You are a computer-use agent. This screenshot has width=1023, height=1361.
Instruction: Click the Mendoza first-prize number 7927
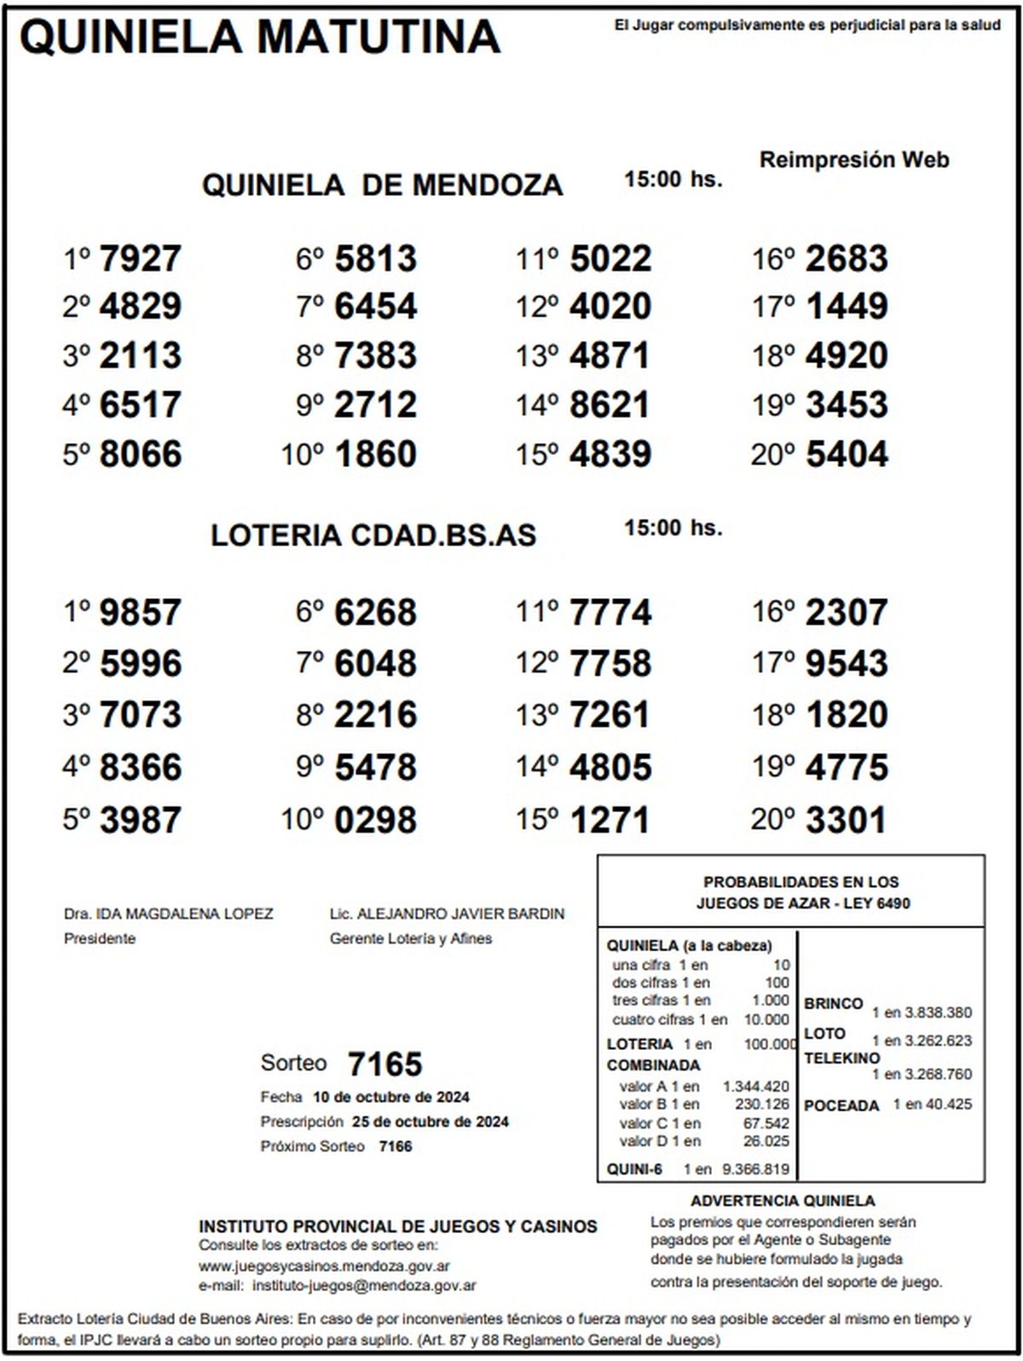coord(140,259)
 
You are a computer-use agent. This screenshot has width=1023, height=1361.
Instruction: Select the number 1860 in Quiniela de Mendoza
coord(375,454)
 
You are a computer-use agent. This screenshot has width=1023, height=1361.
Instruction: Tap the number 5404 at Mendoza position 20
coord(847,454)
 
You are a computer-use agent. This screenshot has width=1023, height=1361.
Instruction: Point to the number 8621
coord(610,405)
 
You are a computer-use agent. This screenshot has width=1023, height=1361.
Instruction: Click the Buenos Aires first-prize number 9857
coord(140,613)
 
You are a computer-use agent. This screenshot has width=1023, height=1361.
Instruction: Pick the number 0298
coord(375,821)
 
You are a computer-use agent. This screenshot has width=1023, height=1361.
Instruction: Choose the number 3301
coord(847,821)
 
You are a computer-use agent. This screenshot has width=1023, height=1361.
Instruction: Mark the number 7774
coord(610,613)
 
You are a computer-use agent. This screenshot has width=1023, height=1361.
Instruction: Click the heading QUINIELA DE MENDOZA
coord(382,185)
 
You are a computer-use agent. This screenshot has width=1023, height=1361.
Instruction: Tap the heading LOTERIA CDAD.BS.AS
coord(373,535)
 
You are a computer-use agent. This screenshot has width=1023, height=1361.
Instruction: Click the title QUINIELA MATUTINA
coord(260,37)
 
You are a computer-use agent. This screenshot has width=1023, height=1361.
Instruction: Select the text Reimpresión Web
coord(853,159)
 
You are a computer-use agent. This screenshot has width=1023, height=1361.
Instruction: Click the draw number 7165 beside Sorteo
coord(384,1064)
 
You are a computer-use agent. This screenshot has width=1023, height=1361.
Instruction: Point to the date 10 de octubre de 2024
coord(390,1097)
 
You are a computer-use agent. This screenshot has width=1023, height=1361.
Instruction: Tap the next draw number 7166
coord(395,1146)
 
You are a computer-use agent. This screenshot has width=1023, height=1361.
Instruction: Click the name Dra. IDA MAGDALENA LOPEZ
coord(168,914)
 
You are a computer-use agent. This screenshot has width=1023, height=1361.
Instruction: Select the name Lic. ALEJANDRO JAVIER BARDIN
coord(447,914)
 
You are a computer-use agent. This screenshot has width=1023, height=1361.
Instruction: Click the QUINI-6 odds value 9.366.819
coord(755,1169)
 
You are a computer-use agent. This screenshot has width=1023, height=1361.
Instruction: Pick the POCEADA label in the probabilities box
coord(841,1105)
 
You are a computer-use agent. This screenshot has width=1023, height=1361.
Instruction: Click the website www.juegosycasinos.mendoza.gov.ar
coord(324,1266)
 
